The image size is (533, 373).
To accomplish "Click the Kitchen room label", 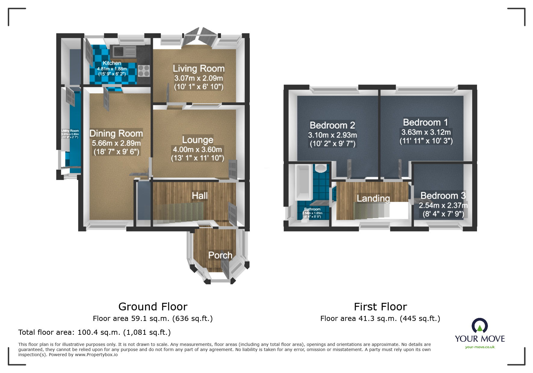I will (x=112, y=63).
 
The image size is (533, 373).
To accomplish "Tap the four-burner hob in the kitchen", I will (x=144, y=70).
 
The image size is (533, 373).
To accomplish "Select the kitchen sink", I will (x=123, y=51).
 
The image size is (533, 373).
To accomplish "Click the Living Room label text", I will (x=199, y=69).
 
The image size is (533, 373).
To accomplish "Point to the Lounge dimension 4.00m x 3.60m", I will (x=197, y=149).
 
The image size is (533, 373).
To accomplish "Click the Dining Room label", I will (x=116, y=133).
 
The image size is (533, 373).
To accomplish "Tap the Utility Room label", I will (x=70, y=131).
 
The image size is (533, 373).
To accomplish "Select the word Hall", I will (x=200, y=196).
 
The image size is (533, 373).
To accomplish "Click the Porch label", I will (x=220, y=255).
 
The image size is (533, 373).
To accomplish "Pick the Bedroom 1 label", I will (x=426, y=123).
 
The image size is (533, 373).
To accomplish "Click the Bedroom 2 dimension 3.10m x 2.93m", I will (x=333, y=135).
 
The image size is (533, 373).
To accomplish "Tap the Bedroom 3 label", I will (x=443, y=196).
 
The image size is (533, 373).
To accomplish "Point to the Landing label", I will (x=373, y=198).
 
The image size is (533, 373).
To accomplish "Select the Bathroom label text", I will (x=312, y=209).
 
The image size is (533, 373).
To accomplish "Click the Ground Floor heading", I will (x=153, y=307).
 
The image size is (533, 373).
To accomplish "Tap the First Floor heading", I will (x=380, y=307).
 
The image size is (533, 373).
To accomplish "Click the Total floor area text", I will (x=95, y=332).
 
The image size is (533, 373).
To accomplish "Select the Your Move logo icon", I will (x=480, y=326).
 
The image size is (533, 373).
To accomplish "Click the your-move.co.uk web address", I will (x=480, y=347).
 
